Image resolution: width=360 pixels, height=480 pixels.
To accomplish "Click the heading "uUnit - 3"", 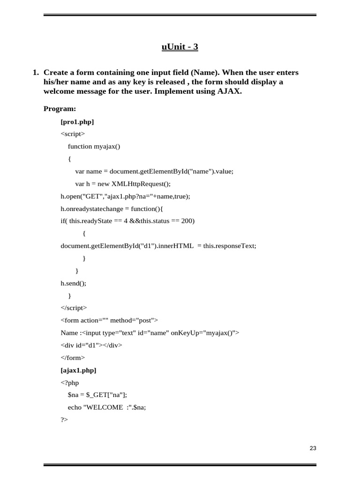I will coord(180,47).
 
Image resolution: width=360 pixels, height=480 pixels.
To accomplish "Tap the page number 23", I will coord(313,448).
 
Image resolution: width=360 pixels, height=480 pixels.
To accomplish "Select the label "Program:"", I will coord(60,109).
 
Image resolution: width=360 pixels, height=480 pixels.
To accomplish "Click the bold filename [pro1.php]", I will coord(77,122).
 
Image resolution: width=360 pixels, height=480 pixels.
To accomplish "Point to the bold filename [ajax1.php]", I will coord(78,370).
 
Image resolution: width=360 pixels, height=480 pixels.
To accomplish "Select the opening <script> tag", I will coord(73,134).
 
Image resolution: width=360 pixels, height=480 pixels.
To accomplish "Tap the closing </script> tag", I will coord(74,308).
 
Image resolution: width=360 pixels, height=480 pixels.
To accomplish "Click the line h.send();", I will coord(74,283).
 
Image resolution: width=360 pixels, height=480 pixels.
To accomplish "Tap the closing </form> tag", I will coord(73,357).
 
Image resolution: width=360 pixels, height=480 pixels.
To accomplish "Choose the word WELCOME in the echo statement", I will coord(103,407).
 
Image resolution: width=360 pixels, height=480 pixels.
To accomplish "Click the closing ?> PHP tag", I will coord(64,420).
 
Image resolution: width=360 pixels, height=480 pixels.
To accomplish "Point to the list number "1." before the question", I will coord(36,73).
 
